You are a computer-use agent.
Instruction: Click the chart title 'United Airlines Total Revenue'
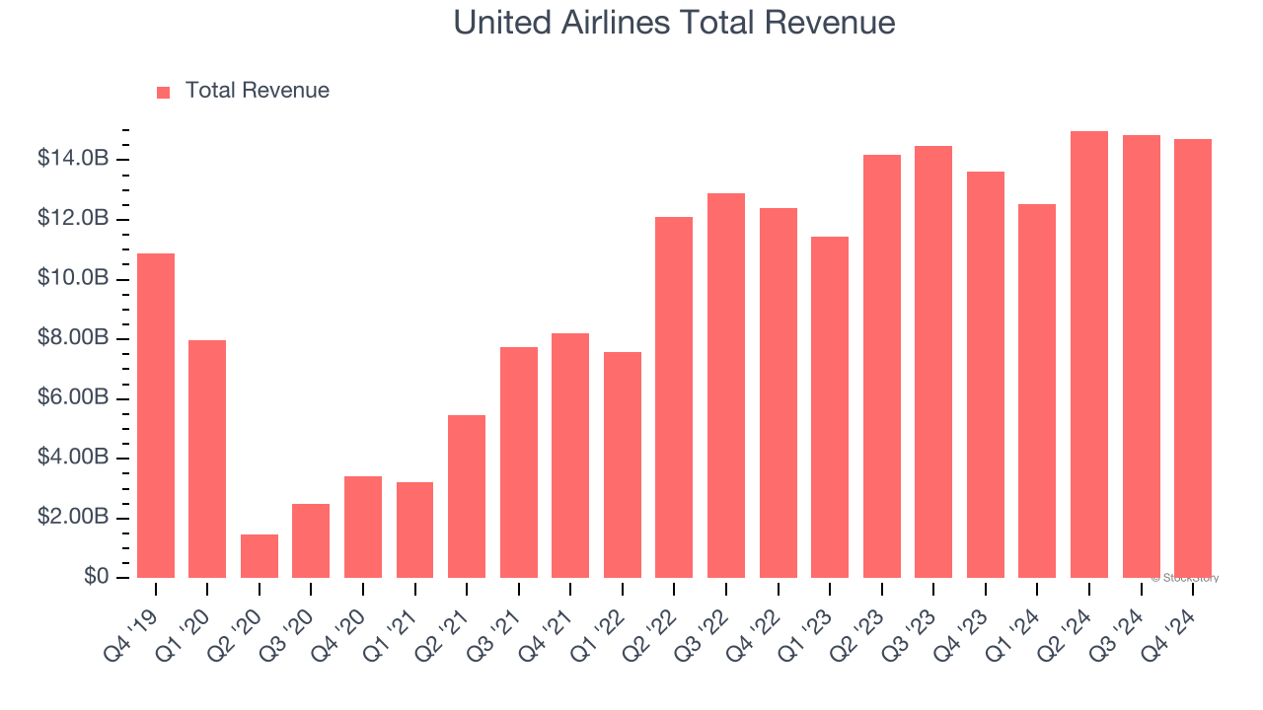tap(674, 23)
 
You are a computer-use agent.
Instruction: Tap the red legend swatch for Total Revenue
tap(164, 92)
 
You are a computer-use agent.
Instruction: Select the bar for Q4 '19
tap(156, 415)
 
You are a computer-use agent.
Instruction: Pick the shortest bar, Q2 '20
tap(260, 556)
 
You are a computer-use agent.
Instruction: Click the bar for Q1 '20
tap(207, 459)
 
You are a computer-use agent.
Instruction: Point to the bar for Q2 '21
tap(467, 496)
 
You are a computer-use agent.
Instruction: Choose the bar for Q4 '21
tap(570, 456)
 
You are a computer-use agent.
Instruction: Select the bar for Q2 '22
tap(674, 397)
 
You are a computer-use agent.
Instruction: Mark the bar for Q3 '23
tap(933, 362)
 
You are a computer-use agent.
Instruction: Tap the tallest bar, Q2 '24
tap(1089, 354)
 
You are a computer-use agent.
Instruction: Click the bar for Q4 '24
tap(1193, 358)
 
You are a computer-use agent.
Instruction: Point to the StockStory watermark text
tap(1185, 578)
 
